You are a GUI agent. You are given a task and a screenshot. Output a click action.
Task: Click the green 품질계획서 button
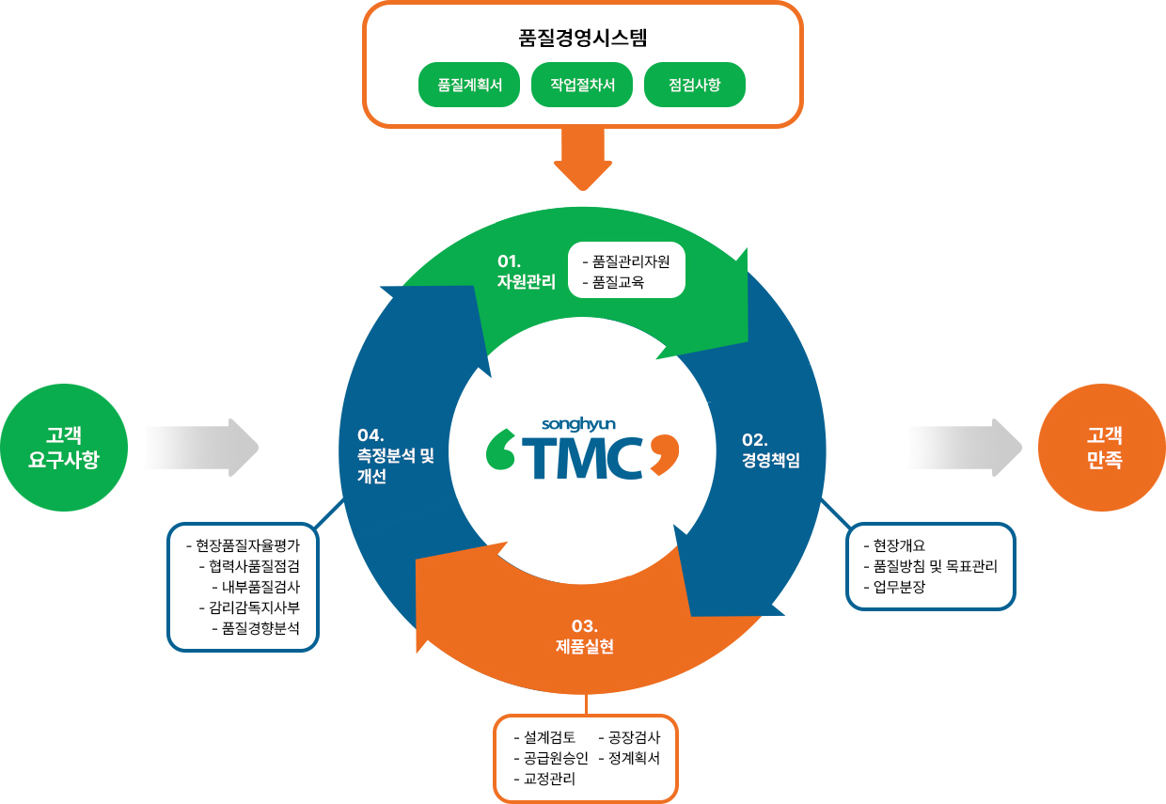pos(469,85)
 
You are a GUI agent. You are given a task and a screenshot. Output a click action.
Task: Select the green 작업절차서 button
pos(582,85)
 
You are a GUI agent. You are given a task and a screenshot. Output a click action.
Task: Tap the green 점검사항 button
pos(695,85)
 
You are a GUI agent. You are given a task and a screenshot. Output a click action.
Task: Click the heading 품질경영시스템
pos(583,39)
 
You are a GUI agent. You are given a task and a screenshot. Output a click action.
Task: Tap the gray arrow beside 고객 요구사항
pos(201,448)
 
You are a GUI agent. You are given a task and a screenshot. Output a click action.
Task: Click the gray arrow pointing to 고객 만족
pos(965,448)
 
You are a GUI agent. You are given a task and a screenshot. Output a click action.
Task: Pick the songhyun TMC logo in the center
pos(582,450)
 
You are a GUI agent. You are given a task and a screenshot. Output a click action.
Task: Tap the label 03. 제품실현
pos(584,636)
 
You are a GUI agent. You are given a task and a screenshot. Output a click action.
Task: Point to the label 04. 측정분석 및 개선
pos(396,455)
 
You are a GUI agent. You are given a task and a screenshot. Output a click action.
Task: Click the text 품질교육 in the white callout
pos(618,281)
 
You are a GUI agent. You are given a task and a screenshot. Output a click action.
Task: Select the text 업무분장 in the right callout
pos(899,588)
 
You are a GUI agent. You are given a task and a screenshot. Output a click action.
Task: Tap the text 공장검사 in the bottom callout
pos(635,737)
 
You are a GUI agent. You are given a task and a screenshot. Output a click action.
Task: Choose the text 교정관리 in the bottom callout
pos(550,779)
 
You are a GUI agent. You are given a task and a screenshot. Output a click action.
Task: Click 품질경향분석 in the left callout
pos(260,628)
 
